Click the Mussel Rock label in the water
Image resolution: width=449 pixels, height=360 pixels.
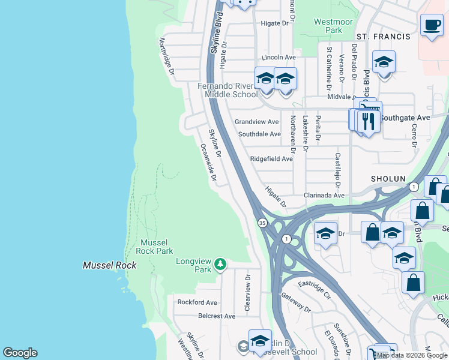(109, 265)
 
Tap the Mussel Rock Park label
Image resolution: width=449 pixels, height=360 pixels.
(156, 247)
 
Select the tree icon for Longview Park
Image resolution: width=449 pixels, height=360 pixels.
(220, 264)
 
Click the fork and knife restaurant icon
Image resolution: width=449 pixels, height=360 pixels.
(368, 122)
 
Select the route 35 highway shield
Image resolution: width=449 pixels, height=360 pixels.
(262, 223)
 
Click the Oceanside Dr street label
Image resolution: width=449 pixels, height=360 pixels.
(208, 162)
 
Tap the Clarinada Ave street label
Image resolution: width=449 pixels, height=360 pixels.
(324, 196)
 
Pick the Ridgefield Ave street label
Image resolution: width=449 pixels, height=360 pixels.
(271, 159)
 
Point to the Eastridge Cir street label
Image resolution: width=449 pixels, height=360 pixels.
(315, 289)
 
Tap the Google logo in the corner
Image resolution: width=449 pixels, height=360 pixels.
(20, 353)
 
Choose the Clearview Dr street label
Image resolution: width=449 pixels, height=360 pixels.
(247, 292)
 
